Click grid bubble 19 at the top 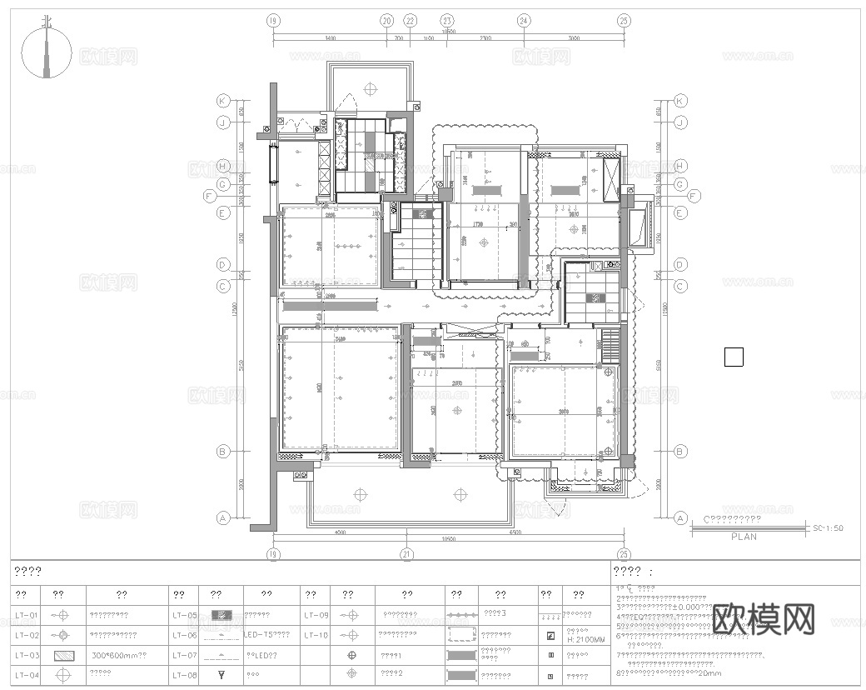[x=271, y=20]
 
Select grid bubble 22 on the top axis [x=410, y=20]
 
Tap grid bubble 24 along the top [x=524, y=20]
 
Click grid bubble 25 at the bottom [x=623, y=553]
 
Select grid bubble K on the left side [x=222, y=101]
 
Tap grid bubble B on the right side [x=680, y=452]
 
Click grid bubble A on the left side [x=222, y=517]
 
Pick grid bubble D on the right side [x=680, y=264]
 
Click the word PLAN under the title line [x=744, y=537]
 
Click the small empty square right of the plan [x=734, y=357]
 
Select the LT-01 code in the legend [x=27, y=616]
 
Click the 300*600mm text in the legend [x=119, y=656]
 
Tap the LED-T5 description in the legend [x=266, y=636]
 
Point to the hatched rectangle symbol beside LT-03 [x=64, y=656]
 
